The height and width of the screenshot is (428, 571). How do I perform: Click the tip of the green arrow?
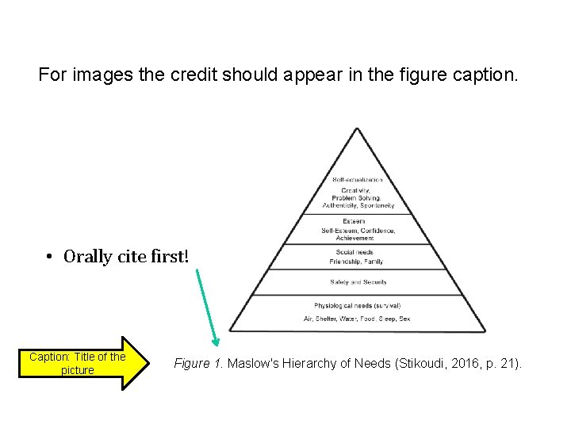(x=215, y=344)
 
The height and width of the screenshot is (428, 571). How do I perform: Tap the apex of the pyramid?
(x=358, y=128)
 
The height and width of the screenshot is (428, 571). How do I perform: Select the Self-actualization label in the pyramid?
(x=357, y=180)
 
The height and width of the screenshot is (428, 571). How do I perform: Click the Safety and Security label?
(x=358, y=282)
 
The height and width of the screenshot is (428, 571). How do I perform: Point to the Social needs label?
(x=354, y=253)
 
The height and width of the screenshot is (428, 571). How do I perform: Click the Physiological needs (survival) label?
(x=358, y=305)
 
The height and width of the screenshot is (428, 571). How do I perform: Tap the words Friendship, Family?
(x=357, y=262)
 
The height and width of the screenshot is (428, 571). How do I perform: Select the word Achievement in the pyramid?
(x=358, y=237)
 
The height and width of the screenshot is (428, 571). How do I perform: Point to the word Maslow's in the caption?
(x=255, y=363)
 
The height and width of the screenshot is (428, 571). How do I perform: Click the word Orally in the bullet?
(x=90, y=257)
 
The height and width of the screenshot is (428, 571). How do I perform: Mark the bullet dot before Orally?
(x=49, y=258)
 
